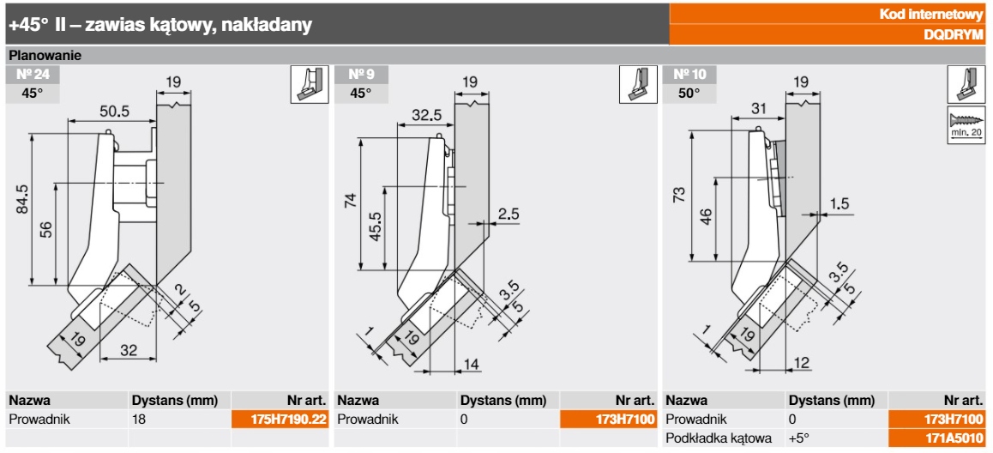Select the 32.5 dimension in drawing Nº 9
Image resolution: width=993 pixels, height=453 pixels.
click(x=426, y=113)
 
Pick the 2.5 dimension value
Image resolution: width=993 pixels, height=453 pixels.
click(x=509, y=214)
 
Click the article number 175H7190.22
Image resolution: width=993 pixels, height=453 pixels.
click(x=280, y=420)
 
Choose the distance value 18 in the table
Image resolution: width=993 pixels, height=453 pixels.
click(x=139, y=420)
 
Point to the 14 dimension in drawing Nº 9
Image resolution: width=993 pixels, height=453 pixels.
click(x=472, y=363)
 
